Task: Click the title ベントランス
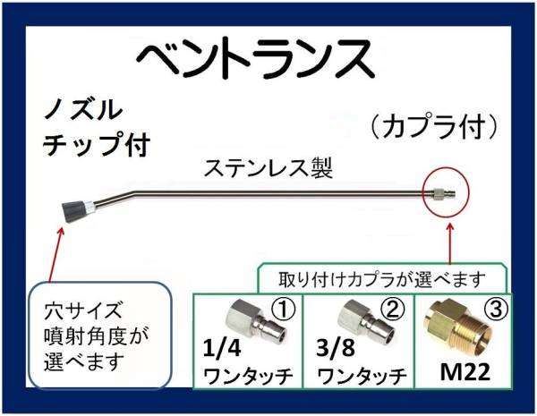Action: (254, 59)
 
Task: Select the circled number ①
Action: (283, 310)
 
